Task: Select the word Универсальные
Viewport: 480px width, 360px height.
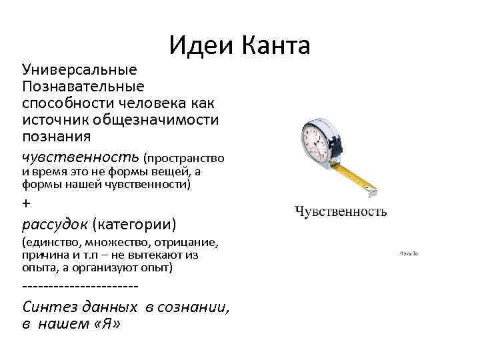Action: coord(79,70)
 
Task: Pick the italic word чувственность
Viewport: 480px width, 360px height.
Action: coord(80,157)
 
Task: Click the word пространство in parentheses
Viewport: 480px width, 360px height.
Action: coord(185,159)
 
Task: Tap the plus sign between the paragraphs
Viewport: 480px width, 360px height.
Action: coord(27,203)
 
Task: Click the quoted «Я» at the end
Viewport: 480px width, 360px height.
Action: coord(109,325)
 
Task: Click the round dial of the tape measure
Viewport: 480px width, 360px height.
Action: coord(314,141)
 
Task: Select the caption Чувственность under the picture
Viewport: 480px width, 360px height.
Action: coord(341,212)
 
